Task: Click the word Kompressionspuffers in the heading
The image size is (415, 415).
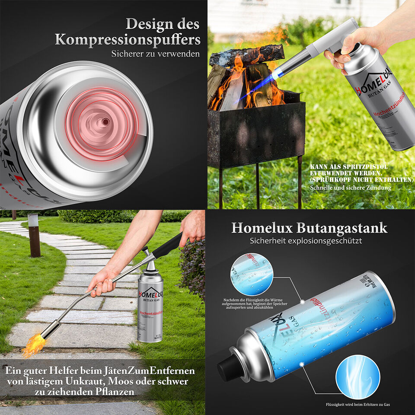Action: pyautogui.click(x=128, y=40)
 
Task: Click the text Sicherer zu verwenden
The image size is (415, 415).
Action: pyautogui.click(x=155, y=54)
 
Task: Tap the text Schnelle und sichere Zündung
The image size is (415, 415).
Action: pyautogui.click(x=351, y=188)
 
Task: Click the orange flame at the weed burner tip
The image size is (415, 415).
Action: pyautogui.click(x=35, y=343)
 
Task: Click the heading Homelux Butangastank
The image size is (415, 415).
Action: pyautogui.click(x=309, y=228)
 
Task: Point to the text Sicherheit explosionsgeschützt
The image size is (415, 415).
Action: pyautogui.click(x=306, y=240)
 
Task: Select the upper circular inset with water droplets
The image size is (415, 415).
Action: pyautogui.click(x=252, y=275)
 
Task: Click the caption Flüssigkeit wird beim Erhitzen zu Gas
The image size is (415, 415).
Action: pyautogui.click(x=358, y=405)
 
